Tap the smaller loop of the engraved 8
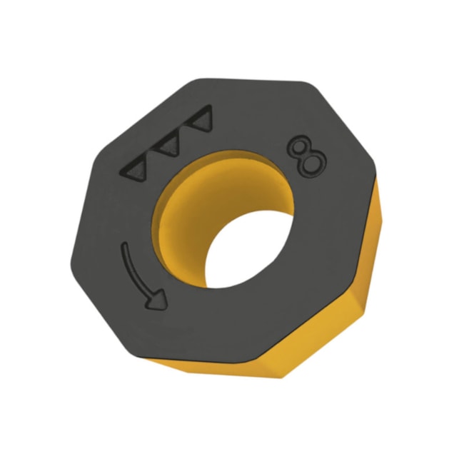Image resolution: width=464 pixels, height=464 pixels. click(300, 145)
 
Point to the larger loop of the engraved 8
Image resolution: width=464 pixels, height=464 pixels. click(314, 164)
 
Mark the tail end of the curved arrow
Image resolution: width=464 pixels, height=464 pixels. click(125, 244)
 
